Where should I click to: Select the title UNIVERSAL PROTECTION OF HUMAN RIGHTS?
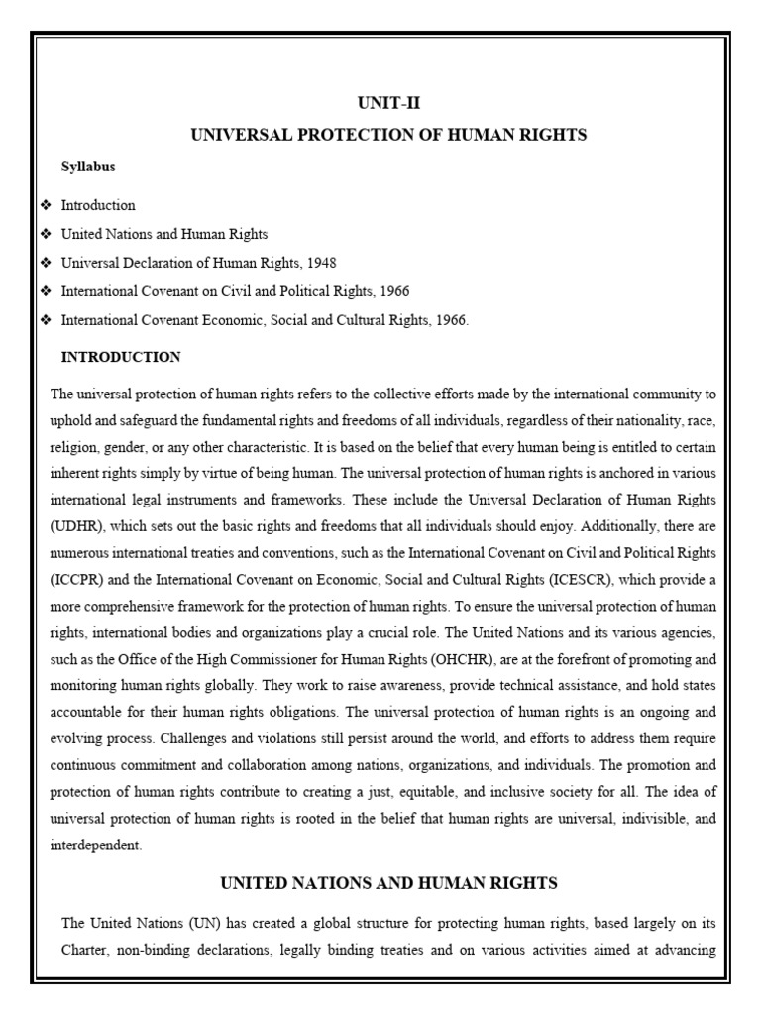[x=388, y=135]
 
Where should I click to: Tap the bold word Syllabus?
[x=88, y=167]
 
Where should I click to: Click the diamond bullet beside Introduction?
[x=45, y=205]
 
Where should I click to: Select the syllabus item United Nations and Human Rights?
[x=164, y=234]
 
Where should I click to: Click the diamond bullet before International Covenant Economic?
[x=45, y=320]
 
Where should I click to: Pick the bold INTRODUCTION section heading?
[x=121, y=357]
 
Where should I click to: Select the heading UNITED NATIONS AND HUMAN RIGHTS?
[x=388, y=882]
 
